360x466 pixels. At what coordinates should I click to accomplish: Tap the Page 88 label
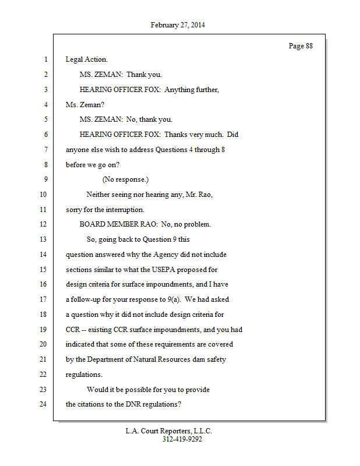point(301,46)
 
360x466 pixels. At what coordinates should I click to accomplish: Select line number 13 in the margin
point(44,239)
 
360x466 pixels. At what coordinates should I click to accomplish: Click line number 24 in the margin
point(44,404)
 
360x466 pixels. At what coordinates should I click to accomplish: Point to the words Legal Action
point(86,59)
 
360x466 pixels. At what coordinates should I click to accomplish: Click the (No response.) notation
point(125,179)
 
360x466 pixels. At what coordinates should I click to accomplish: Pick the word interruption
point(122,210)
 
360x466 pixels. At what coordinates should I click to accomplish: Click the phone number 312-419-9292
point(182,439)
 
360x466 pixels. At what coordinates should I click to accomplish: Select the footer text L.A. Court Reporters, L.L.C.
point(169,431)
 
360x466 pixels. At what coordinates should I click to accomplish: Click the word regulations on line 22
point(84,375)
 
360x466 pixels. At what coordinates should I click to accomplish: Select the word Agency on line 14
point(166,255)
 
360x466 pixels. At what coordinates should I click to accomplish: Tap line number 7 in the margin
point(45,150)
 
